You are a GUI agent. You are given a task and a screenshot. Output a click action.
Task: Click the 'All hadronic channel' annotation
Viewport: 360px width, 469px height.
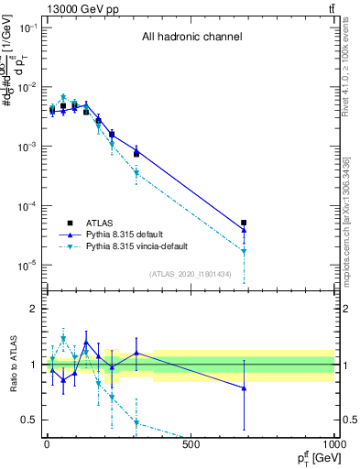(191, 38)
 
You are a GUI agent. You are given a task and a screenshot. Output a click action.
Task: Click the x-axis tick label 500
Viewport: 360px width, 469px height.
(191, 445)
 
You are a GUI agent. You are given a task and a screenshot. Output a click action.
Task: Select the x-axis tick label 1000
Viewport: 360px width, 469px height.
(333, 445)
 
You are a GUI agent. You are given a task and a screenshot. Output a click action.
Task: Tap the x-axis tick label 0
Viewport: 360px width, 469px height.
(47, 445)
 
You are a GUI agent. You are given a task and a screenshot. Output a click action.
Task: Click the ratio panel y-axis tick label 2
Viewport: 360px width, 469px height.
(31, 309)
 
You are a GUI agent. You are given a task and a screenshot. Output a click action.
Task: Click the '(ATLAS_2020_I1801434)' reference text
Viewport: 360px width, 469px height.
(190, 274)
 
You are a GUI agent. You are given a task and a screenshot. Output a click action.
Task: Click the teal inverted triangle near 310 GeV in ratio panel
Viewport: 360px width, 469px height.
(136, 422)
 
